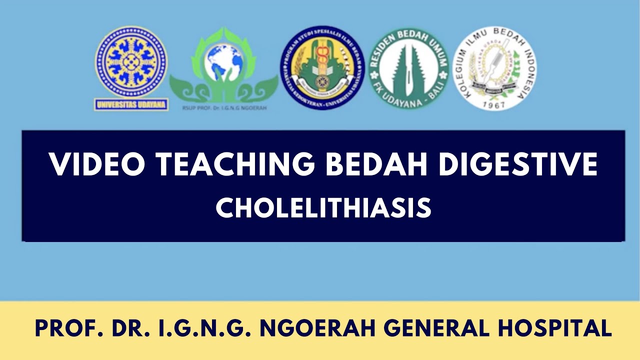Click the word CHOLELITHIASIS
point(323,207)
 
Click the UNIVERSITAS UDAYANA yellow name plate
point(131,105)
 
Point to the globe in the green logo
point(223,61)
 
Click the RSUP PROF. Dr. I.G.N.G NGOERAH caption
point(223,106)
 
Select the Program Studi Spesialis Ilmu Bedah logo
point(322,67)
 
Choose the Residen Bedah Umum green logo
point(408,68)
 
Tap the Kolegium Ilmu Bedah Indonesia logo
point(494,68)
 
